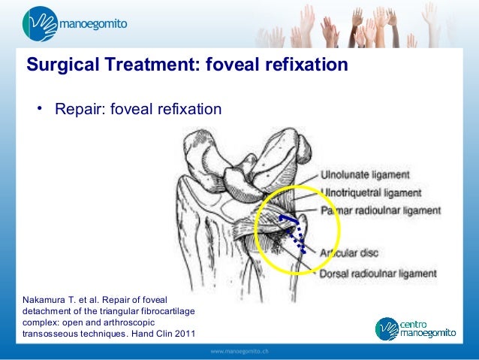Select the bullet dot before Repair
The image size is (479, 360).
35,109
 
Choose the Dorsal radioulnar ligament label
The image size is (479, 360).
378,274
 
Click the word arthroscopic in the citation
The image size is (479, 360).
137,323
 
